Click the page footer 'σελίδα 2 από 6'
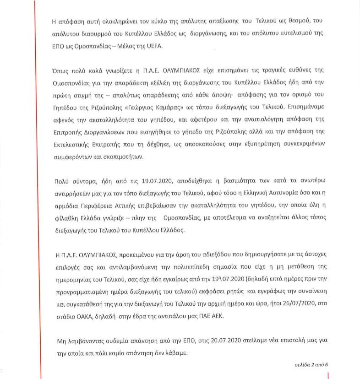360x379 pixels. (x=310, y=365)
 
